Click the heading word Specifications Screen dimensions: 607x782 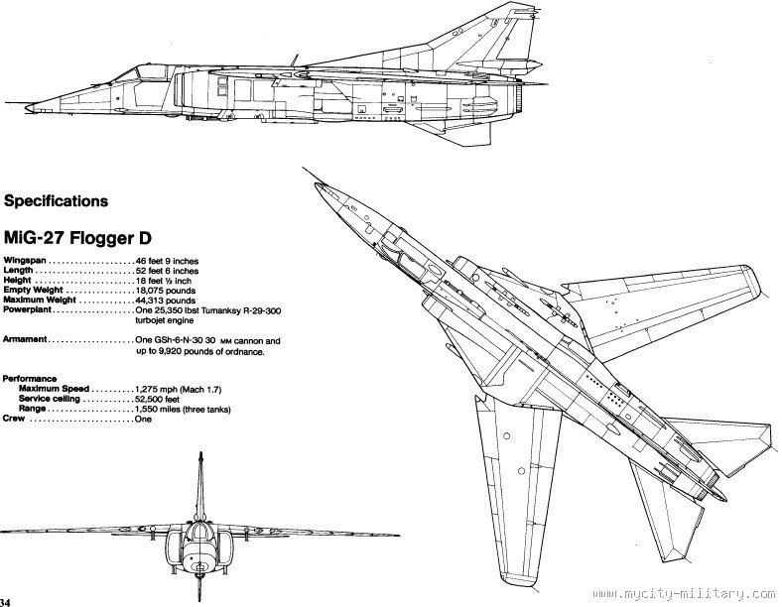coord(57,201)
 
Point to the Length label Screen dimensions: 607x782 coord(20,271)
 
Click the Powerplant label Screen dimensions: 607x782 coord(28,310)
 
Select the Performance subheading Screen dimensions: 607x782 coord(31,379)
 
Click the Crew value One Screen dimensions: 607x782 coord(144,420)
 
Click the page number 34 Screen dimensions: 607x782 coord(6,601)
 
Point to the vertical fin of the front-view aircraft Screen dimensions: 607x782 coord(199,486)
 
